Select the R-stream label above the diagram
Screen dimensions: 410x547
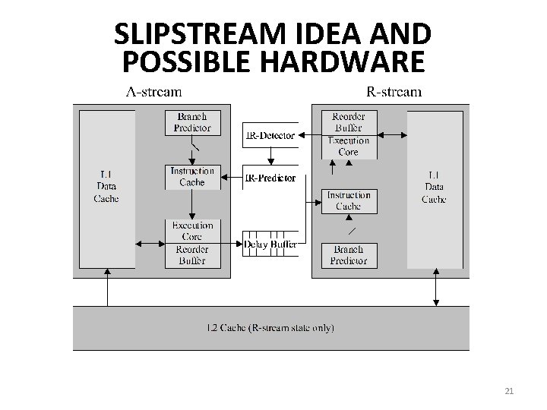(394, 93)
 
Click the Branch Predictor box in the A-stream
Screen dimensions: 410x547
(192, 122)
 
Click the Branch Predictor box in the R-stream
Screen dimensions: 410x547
(348, 255)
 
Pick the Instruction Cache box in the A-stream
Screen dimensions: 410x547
(192, 177)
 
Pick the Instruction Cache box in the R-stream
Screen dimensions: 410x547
(348, 201)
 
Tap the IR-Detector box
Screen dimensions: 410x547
(270, 135)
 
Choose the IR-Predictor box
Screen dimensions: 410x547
(270, 178)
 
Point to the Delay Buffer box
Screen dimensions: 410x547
(270, 244)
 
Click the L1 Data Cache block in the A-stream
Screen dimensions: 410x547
(106, 188)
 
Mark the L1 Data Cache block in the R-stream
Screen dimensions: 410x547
(435, 188)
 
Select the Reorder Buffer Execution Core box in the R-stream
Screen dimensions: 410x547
(348, 134)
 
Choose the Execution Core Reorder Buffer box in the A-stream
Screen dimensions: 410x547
(192, 243)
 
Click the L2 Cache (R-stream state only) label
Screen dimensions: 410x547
(270, 328)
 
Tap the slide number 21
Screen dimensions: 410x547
(509, 391)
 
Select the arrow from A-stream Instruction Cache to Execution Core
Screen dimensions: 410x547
(192, 204)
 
